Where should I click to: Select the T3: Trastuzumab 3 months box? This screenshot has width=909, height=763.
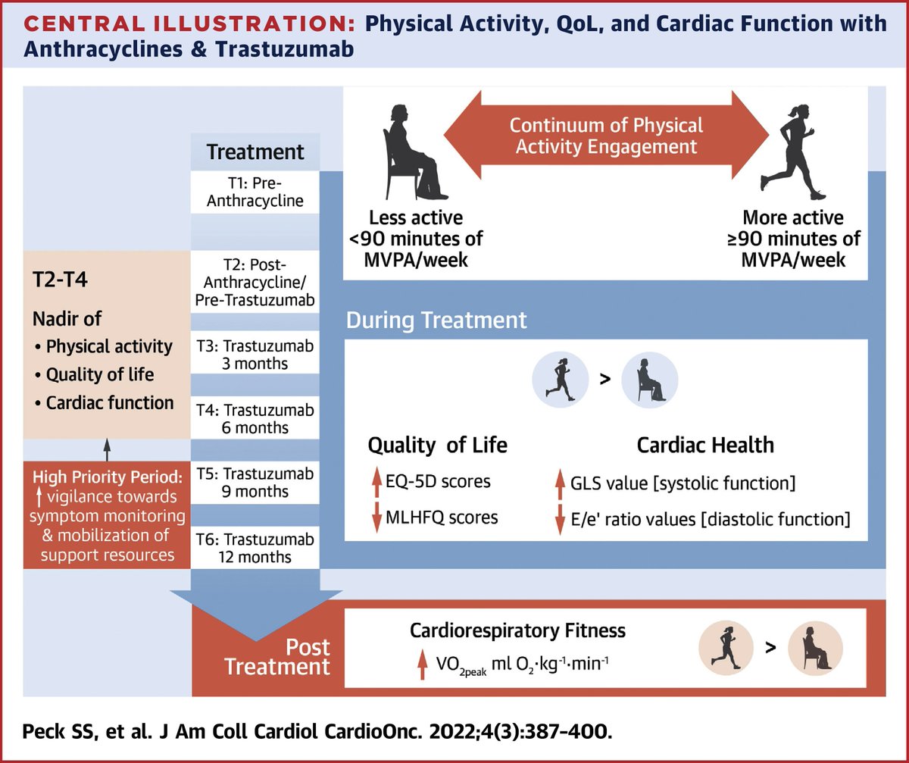pos(255,353)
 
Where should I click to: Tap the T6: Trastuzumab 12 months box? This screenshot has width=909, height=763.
pos(255,546)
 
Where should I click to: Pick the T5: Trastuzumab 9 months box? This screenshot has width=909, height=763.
pos(255,482)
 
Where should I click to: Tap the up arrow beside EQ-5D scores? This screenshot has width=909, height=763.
pos(376,481)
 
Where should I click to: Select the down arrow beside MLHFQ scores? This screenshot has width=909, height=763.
pos(376,518)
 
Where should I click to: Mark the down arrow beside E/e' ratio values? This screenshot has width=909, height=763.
pos(561,520)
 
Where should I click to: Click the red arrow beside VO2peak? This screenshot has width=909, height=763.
pos(421,666)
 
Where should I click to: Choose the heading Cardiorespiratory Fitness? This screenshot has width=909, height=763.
pos(518,630)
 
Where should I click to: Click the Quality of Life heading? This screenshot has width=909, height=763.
pos(437,445)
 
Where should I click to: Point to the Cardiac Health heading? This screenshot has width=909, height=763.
pos(705,445)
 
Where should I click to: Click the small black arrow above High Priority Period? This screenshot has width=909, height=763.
pos(106,449)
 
